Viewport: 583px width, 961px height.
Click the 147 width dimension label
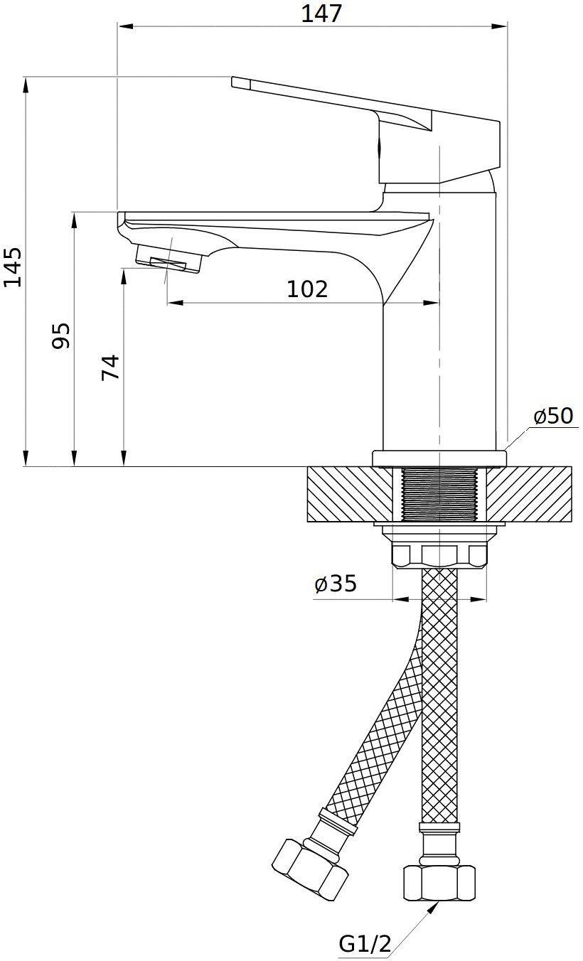point(321,13)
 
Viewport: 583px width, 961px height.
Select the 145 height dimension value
point(12,267)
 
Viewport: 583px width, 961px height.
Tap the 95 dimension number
point(61,335)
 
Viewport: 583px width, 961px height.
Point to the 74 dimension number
point(110,367)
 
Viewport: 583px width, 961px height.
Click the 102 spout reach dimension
point(307,289)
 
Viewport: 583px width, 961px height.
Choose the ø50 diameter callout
point(553,415)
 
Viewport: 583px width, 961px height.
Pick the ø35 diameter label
point(336,584)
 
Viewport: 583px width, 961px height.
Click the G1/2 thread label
point(365,944)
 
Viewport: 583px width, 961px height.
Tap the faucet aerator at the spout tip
point(168,262)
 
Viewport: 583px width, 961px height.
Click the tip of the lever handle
point(237,82)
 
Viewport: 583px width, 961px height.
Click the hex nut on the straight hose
point(439,883)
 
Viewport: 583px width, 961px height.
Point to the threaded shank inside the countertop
point(439,494)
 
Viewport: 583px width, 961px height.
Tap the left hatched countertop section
point(349,494)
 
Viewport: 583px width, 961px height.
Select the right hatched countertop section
point(530,494)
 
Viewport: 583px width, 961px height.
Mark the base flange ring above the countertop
point(439,458)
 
